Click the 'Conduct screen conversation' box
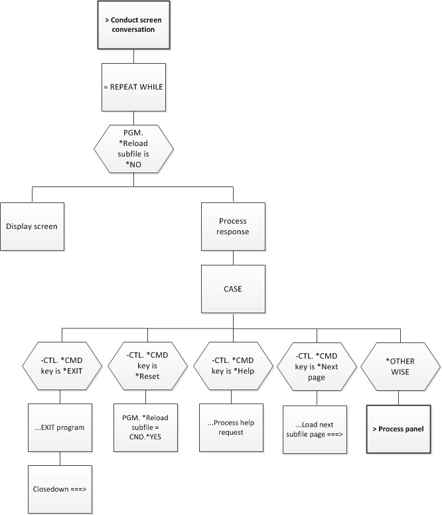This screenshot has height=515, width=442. point(133,25)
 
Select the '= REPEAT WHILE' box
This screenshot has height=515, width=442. point(133,87)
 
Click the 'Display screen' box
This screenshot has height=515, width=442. point(32,226)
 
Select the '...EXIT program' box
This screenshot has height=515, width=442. point(59,427)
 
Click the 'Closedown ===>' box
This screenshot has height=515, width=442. point(59,489)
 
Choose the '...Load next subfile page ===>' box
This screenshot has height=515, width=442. point(315,429)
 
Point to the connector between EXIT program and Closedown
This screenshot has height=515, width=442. point(60,458)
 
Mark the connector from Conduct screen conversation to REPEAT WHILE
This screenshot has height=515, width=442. point(133,56)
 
